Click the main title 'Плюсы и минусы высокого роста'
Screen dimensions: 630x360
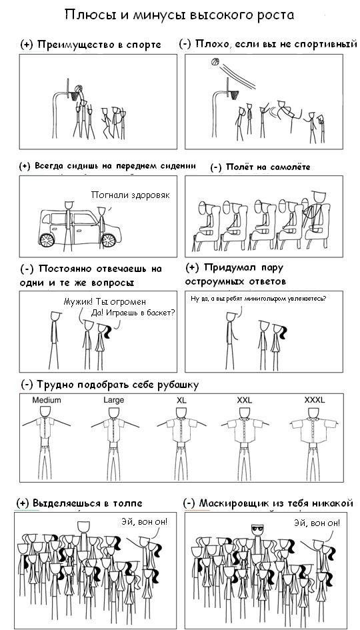pos(179,15)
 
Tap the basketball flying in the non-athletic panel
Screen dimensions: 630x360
pos(215,62)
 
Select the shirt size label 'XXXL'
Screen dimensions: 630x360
pos(314,400)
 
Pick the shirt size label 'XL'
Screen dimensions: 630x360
pos(181,400)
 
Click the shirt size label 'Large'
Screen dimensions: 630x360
pos(114,400)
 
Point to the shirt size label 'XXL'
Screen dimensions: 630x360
pos(245,400)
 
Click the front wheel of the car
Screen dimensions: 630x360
pos(47,238)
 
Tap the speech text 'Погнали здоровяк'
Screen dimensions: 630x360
pos(131,195)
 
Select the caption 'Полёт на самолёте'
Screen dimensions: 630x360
pos(259,167)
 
